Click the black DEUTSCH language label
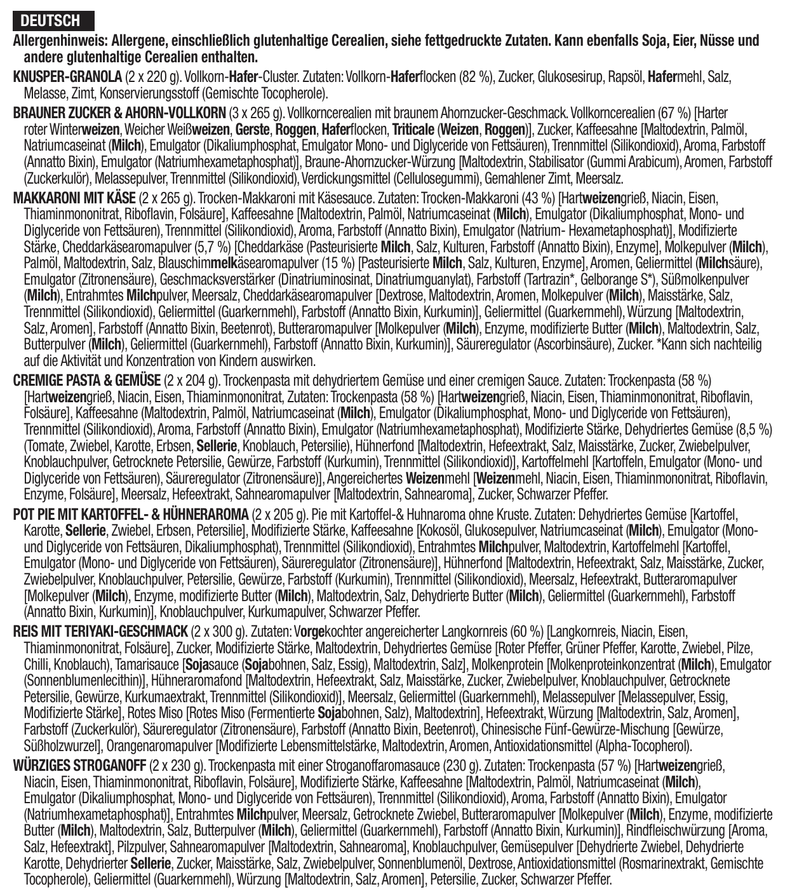pyautogui.click(x=53, y=20)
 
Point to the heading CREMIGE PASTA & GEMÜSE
pyautogui.click(x=86, y=381)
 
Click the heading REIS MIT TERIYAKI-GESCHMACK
pyautogui.click(x=100, y=632)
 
